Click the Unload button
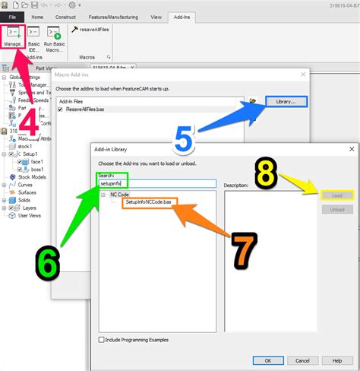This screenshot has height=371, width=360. coord(337,210)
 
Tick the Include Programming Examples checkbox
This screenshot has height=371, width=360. coord(103,339)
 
